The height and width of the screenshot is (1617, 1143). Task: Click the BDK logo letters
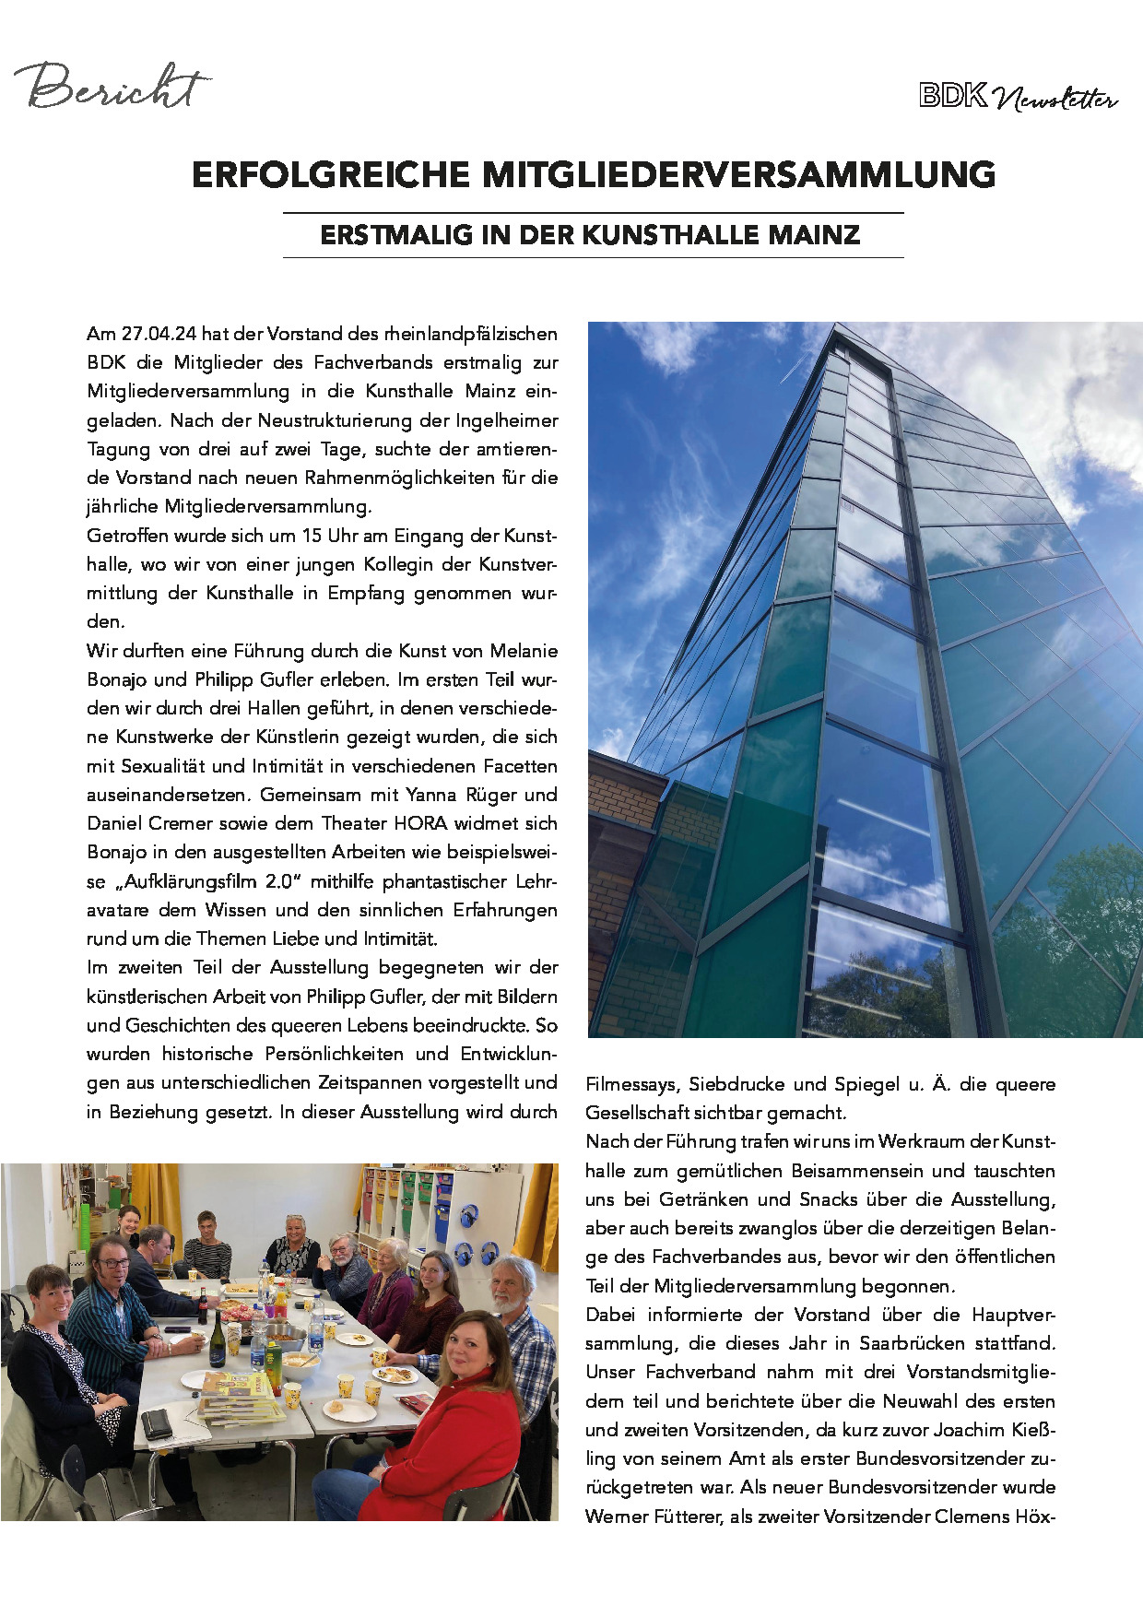click(x=952, y=96)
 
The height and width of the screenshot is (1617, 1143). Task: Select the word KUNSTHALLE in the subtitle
click(x=658, y=235)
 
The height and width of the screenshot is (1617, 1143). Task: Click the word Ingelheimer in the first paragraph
click(x=507, y=420)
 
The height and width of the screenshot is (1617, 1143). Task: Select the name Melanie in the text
click(x=524, y=651)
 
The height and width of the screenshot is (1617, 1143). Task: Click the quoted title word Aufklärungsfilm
click(x=187, y=881)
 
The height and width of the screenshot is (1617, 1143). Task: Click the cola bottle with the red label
click(x=203, y=1305)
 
